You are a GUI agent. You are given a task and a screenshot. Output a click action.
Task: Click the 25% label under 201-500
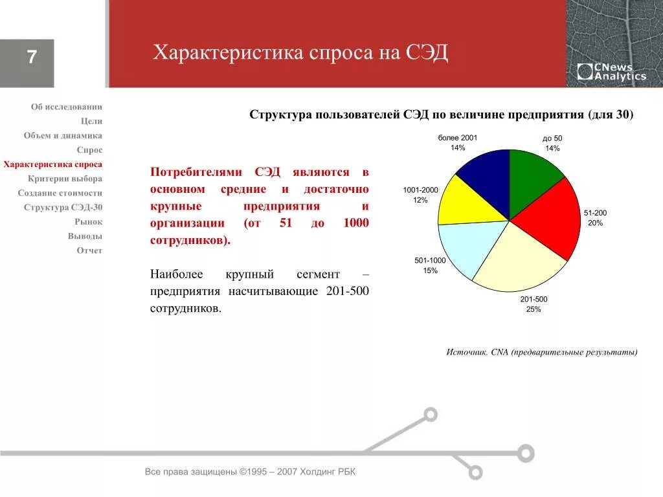tap(534, 309)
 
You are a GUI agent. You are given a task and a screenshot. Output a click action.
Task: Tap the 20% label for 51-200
tap(595, 223)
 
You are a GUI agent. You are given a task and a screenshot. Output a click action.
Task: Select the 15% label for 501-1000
tap(431, 271)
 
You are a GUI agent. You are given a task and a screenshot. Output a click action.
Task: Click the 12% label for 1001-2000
tap(420, 200)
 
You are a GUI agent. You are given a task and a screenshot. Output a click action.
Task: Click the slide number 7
tap(31, 58)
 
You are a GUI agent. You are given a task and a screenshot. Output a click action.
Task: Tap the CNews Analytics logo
tap(611, 72)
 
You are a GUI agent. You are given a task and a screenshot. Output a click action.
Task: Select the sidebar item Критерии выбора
tap(65, 179)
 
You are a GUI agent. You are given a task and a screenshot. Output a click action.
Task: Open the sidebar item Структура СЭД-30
tap(63, 207)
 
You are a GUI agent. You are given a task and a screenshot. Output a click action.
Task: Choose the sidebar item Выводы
tap(85, 236)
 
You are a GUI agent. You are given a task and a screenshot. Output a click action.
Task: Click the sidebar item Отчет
tap(89, 250)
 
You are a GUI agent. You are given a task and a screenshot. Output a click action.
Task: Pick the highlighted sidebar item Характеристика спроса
tap(52, 164)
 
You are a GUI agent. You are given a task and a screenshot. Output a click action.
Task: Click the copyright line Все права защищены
tap(250, 472)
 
